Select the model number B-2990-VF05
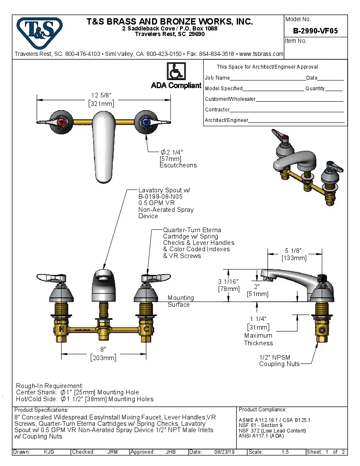[315, 31]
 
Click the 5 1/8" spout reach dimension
[294, 250]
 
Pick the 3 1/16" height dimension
[229, 282]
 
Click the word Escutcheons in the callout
[178, 165]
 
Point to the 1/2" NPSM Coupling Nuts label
[279, 361]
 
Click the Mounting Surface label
[180, 301]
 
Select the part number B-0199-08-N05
[163, 197]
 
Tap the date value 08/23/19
[224, 452]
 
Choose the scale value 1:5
[285, 452]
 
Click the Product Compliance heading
[263, 410]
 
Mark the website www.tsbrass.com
[261, 54]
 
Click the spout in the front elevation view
[104, 284]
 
